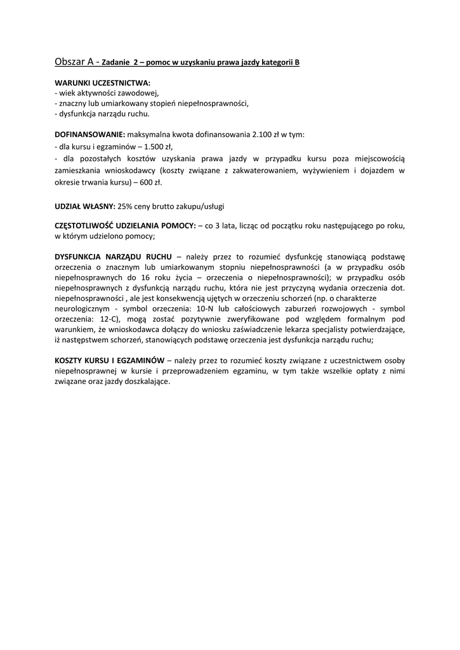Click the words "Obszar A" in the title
[x=76, y=62]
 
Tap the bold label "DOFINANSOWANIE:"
[x=90, y=135]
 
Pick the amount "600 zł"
[x=150, y=183]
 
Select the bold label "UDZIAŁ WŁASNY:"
[x=85, y=206]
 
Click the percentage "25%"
[x=126, y=206]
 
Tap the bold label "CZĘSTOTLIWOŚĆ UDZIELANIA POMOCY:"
[x=126, y=226]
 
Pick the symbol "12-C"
[x=114, y=319]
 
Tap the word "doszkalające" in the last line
[x=149, y=381]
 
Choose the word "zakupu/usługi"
[x=201, y=206]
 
